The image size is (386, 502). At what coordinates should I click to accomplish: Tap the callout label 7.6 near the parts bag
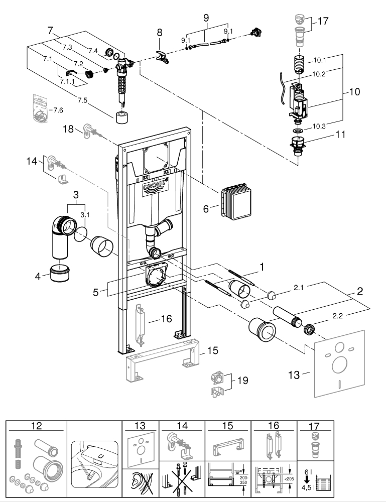click(x=58, y=110)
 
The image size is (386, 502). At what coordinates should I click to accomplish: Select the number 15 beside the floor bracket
click(x=213, y=350)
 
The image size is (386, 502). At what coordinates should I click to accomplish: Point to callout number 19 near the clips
click(x=242, y=381)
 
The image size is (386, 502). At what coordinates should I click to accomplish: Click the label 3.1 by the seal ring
click(x=86, y=215)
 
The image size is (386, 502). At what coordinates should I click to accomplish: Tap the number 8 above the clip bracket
click(x=160, y=32)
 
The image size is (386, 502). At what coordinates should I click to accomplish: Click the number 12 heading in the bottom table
click(x=36, y=426)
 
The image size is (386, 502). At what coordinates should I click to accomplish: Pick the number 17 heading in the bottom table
click(x=314, y=426)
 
